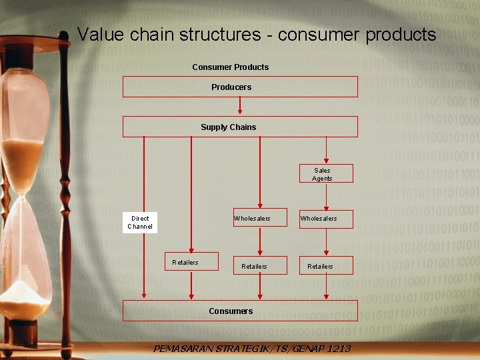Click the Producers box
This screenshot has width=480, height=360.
240,87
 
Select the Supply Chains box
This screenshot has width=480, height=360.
240,127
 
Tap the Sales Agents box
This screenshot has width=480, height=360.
326,174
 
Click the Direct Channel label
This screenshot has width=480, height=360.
140,223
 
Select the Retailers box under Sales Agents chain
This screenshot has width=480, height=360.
326,265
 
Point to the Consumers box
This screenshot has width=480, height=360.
240,311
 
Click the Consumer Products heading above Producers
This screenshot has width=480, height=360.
231,67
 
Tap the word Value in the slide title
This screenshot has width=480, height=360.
97,35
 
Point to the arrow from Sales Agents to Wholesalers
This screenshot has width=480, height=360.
326,197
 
